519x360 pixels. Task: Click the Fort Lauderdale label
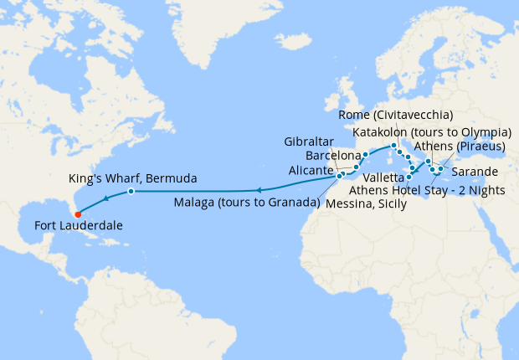79,226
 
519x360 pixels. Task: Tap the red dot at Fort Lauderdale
77,213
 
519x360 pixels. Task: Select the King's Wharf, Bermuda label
132,178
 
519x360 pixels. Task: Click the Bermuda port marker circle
131,192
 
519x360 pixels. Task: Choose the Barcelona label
333,155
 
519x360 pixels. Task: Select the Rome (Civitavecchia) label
397,114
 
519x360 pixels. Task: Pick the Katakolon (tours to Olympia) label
433,132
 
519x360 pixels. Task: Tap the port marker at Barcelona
366,155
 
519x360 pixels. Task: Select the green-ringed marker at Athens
440,169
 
